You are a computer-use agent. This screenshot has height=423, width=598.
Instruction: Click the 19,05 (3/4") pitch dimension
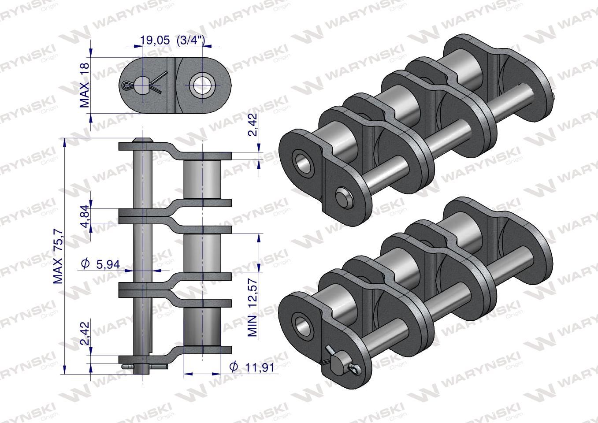coord(172,40)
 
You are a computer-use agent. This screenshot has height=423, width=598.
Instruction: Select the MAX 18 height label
coord(85,85)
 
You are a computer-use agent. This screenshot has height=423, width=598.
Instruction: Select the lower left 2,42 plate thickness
coord(85,333)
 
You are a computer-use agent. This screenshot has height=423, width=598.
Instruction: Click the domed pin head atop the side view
coord(143,140)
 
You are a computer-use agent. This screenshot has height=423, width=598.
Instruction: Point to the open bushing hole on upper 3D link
coord(303,163)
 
